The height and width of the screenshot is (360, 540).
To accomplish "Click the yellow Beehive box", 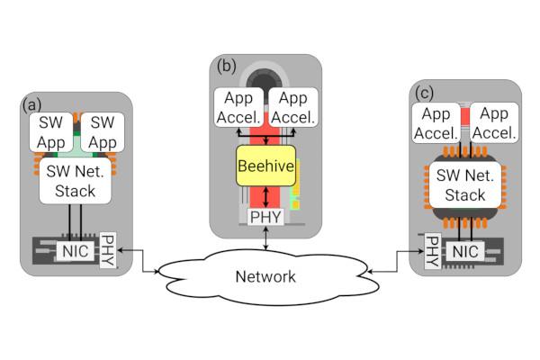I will point(265,167).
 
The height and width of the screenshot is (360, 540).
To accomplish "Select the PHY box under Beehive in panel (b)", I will point(266,217).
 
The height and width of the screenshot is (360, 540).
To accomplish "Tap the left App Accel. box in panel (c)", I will point(437,124).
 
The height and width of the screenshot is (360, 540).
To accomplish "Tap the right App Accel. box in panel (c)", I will point(494,124).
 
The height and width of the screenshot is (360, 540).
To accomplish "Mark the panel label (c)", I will point(424,93).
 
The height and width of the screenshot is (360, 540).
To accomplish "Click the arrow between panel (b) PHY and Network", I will point(266,239).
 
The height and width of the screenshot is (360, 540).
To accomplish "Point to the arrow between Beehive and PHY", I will point(266,198).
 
